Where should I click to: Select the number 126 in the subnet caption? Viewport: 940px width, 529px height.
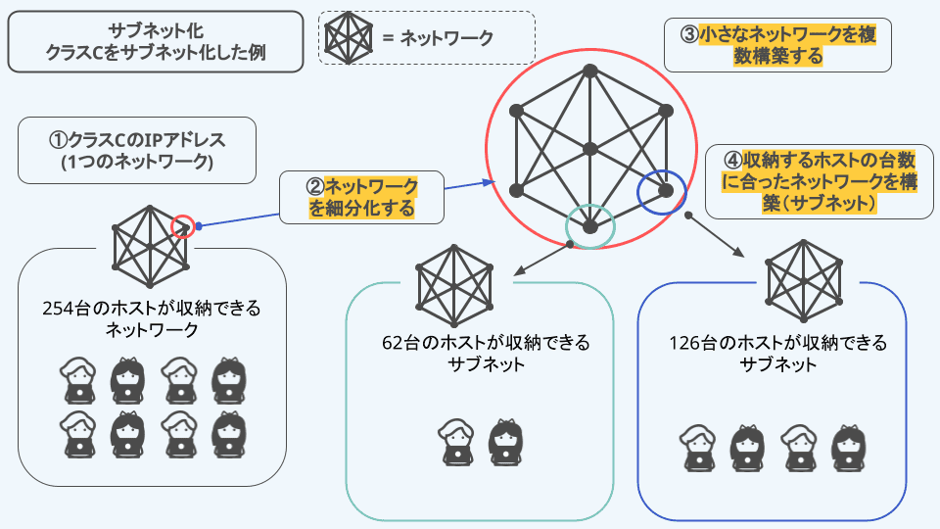(686, 344)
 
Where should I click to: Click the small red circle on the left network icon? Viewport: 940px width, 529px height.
(182, 227)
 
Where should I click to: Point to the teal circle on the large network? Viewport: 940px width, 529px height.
(589, 225)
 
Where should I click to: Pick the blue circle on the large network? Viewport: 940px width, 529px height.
(661, 192)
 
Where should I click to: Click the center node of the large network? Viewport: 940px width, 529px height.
(589, 149)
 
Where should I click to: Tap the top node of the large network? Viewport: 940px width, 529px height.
(589, 71)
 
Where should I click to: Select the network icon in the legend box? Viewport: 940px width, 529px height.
(347, 38)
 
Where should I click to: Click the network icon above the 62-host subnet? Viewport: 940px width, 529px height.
(454, 284)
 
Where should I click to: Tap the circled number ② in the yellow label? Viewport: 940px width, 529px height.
(314, 186)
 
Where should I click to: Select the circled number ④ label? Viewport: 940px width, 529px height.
(731, 159)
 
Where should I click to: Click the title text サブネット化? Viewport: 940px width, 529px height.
(154, 30)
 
